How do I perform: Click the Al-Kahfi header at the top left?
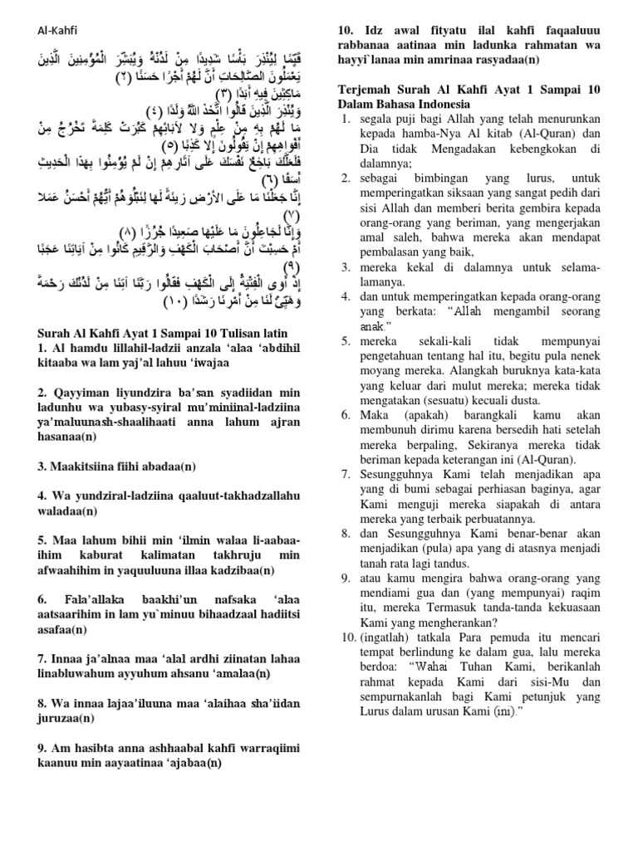coord(56,31)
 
